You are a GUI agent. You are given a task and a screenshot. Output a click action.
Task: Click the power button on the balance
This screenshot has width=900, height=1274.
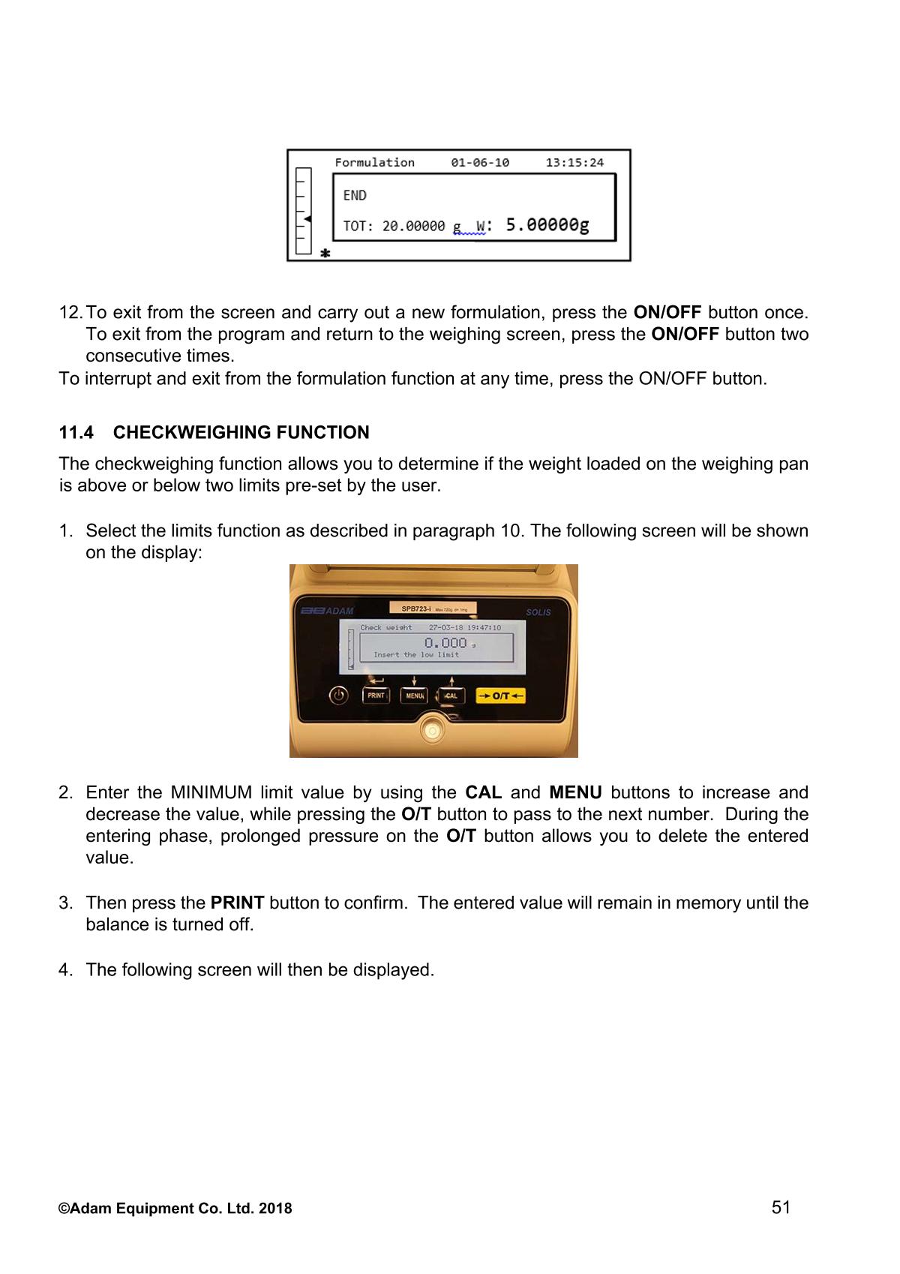(x=340, y=696)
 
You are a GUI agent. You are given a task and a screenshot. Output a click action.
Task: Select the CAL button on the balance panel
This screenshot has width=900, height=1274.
(x=451, y=696)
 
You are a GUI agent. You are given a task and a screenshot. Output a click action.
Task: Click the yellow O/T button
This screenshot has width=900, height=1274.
(x=501, y=696)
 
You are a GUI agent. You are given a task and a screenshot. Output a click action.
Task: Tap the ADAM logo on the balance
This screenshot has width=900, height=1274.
(x=326, y=611)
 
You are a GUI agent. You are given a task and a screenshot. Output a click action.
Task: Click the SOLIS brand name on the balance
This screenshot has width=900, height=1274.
(x=538, y=612)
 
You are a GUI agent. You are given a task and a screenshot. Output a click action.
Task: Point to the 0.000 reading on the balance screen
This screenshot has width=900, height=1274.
(x=445, y=642)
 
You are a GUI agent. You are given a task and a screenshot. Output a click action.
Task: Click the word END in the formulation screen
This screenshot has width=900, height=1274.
(x=355, y=195)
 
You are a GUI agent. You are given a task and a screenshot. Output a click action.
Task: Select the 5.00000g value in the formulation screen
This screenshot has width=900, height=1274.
(x=547, y=224)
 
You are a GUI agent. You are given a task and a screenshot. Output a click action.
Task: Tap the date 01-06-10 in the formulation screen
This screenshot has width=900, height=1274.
(x=480, y=162)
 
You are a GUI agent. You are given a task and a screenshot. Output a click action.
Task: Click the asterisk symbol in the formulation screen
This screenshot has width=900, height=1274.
(x=325, y=254)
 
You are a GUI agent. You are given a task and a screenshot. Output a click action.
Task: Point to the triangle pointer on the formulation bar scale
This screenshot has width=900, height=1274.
(x=307, y=218)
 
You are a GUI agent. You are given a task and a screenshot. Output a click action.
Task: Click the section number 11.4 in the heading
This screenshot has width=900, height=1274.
(x=76, y=433)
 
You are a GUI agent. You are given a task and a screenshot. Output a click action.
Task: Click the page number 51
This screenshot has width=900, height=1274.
(x=781, y=1207)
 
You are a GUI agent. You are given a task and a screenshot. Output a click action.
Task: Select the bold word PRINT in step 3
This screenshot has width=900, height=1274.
(x=237, y=903)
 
